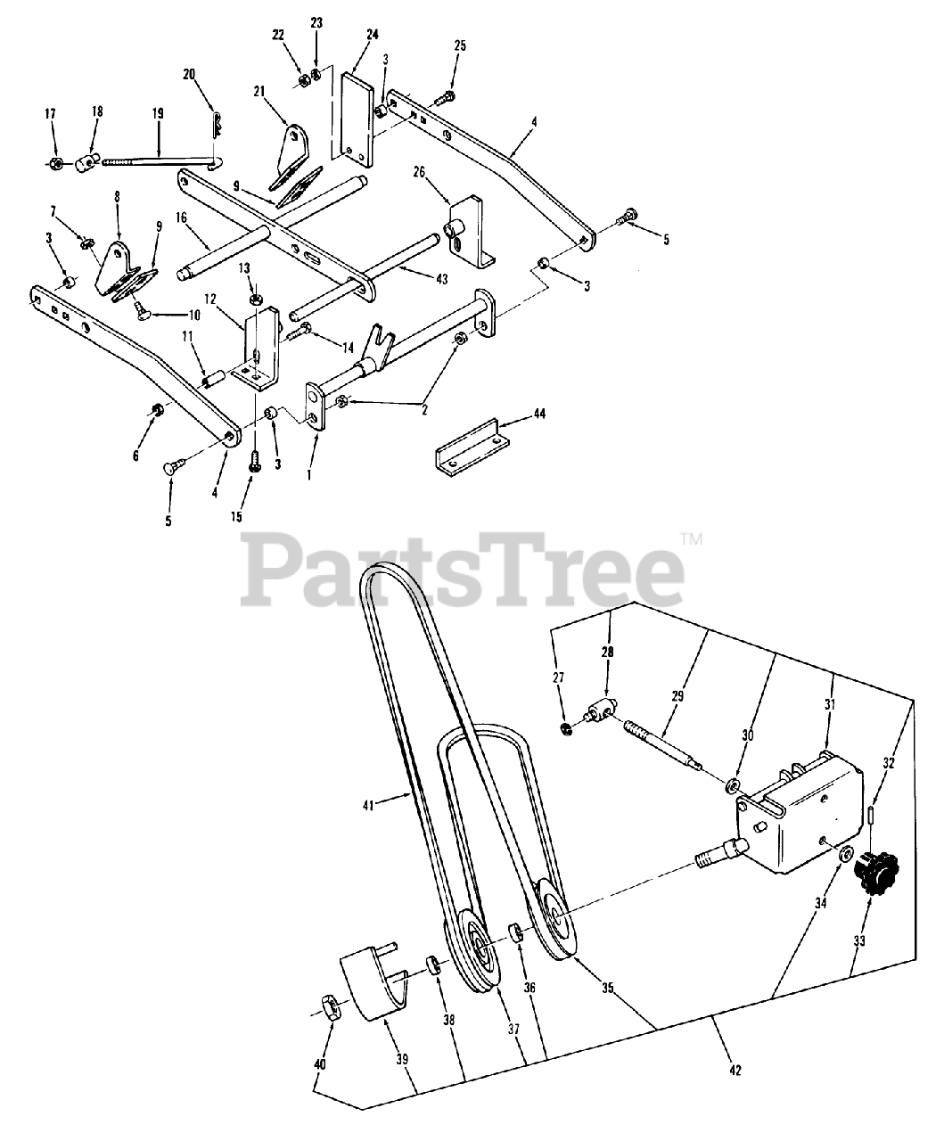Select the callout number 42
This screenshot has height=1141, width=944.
(x=735, y=1070)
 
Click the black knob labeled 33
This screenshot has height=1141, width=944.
(x=873, y=868)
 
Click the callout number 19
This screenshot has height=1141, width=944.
(x=158, y=113)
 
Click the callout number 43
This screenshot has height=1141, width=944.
(x=415, y=280)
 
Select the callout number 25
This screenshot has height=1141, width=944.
(x=459, y=45)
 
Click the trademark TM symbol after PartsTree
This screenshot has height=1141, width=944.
(x=691, y=538)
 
